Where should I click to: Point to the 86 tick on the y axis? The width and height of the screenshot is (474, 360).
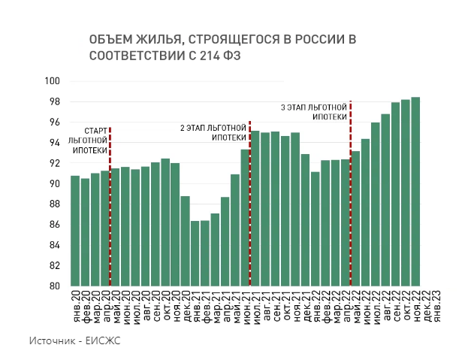pyautogui.click(x=54, y=225)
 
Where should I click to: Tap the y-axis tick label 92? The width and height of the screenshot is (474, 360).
pyautogui.click(x=54, y=163)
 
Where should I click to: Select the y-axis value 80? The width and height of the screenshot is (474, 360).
pyautogui.click(x=54, y=286)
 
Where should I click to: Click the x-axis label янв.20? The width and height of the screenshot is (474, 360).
pyautogui.click(x=75, y=304)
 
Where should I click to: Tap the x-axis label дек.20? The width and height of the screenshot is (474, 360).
pyautogui.click(x=186, y=304)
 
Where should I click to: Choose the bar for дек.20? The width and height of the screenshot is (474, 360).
pyautogui.click(x=186, y=241)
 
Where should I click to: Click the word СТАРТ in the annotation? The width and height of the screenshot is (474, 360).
pyautogui.click(x=95, y=130)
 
